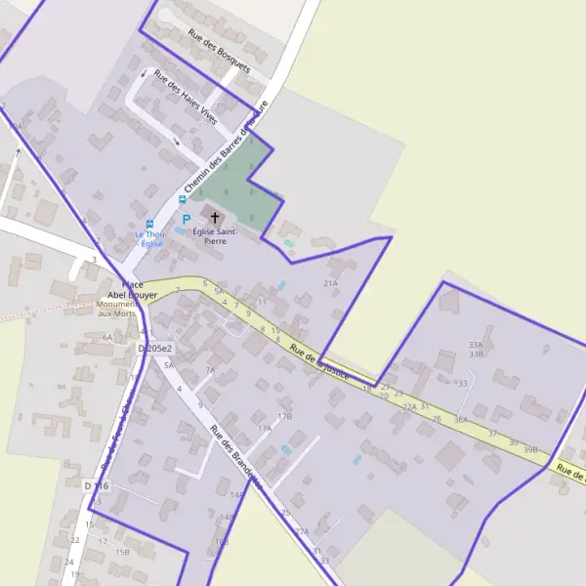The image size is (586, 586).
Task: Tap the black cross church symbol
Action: coord(215,216)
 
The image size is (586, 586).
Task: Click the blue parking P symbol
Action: coord(186,220)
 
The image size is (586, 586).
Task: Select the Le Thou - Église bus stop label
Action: coord(149,238)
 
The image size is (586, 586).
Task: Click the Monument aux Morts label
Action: coord(116,309)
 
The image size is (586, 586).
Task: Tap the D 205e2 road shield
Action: coord(155,348)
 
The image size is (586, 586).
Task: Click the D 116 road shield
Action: coord(96,485)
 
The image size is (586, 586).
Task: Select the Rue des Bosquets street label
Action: coord(220,52)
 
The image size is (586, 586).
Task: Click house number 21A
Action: coord(330,283)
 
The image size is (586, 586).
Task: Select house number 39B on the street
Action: coord(530,449)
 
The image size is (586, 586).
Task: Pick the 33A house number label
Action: coord(476,345)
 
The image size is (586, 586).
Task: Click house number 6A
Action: coord(107,337)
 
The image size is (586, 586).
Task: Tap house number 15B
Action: coord(122,552)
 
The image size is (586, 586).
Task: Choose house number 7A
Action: coord(210,370)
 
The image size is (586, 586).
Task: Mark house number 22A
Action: coord(409,406)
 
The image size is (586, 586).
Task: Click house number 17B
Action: coord(284,416)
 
